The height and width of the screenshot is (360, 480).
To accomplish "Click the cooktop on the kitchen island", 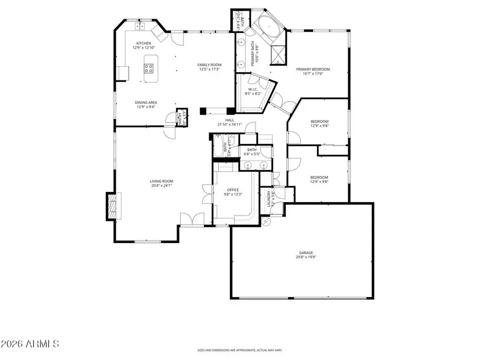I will point(149,68).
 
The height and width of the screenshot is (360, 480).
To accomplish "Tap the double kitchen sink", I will point(141,26).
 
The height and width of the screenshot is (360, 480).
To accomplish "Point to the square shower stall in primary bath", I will point(278,54).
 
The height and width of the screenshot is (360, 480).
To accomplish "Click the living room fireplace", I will point(111,205).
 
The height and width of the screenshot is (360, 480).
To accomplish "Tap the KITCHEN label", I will point(143,43).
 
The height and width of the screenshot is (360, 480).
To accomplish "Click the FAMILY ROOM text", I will point(210,65).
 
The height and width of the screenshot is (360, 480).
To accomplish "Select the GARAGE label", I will point(306,253).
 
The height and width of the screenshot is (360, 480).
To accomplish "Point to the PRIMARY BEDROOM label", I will point(313,69).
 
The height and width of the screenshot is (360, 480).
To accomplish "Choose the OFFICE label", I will point(233,189).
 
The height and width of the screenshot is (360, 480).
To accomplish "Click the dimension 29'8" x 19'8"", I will point(306,258).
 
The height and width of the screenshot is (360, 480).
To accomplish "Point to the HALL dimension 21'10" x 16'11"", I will point(230,125).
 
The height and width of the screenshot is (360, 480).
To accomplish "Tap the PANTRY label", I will point(180,118).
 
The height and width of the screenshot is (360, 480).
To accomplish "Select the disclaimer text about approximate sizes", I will point(239,350).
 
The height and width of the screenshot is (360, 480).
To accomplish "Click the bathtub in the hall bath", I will point(219,147).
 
